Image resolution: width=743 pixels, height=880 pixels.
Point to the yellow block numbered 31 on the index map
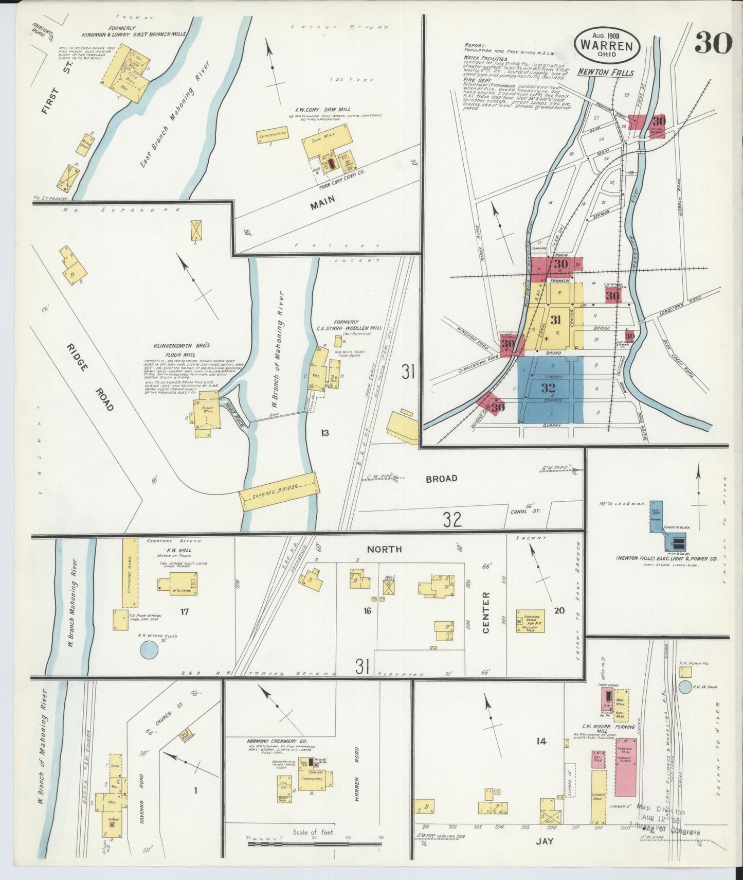pyautogui.click(x=555, y=320)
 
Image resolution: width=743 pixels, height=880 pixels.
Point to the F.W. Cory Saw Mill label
pyautogui.click(x=312, y=110)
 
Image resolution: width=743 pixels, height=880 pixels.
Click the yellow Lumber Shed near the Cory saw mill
pyautogui.click(x=272, y=136)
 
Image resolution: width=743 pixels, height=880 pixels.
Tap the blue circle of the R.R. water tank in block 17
pyautogui.click(x=149, y=650)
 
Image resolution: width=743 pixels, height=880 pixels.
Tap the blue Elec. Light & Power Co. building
pyautogui.click(x=674, y=542)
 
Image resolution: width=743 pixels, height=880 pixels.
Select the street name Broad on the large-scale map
pyautogui.click(x=441, y=479)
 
